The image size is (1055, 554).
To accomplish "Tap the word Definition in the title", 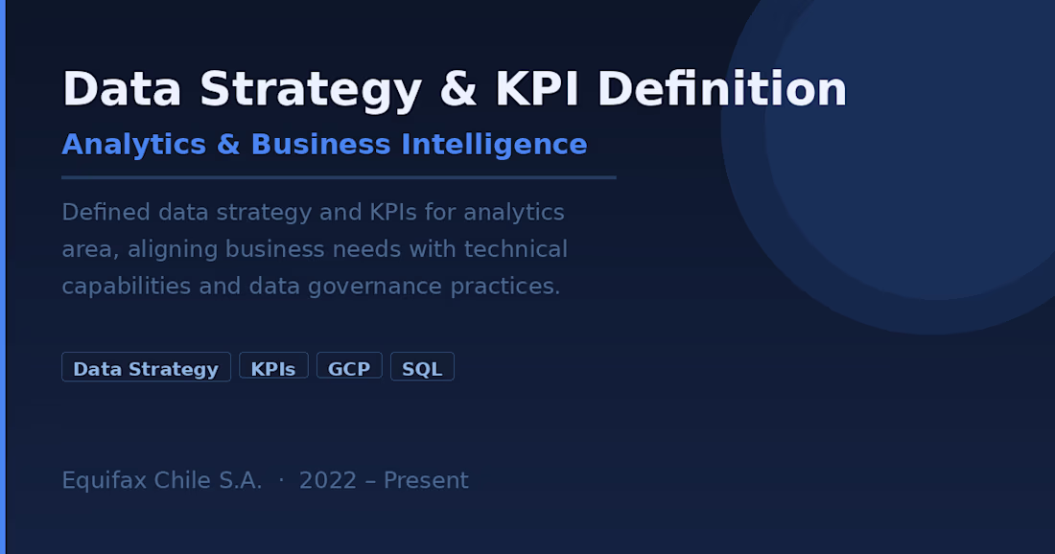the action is click(x=722, y=89).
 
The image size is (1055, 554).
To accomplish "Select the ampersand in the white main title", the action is click(x=458, y=89).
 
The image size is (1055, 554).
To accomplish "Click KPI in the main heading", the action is click(x=537, y=89).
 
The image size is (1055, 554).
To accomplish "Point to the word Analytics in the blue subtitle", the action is click(x=134, y=146).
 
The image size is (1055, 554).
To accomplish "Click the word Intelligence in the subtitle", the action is click(x=494, y=146).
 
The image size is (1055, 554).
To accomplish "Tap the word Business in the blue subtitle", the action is click(x=321, y=145).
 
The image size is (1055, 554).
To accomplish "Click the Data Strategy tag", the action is click(x=146, y=367).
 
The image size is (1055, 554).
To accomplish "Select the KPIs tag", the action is click(x=273, y=367).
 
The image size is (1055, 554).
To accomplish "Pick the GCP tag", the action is click(x=349, y=367).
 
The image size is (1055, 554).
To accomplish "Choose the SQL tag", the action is click(x=422, y=367).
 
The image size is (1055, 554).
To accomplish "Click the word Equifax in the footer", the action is click(x=105, y=481).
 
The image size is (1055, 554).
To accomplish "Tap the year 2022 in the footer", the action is click(x=328, y=481).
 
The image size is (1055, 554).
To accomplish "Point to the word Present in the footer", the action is click(x=426, y=481).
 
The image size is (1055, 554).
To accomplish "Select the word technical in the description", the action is click(x=515, y=249).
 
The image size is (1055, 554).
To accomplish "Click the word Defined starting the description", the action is click(x=105, y=213).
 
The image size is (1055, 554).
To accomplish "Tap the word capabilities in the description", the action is click(x=127, y=287).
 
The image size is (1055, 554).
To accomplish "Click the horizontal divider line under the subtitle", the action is click(x=340, y=177).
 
